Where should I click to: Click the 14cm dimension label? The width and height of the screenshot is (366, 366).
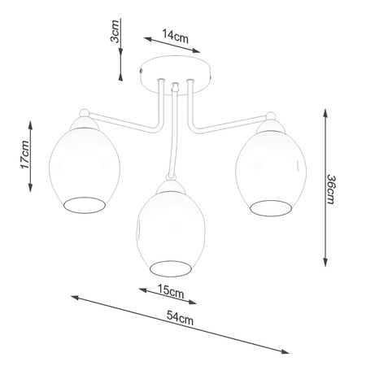pyautogui.click(x=176, y=36)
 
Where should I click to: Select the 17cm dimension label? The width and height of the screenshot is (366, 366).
pyautogui.click(x=24, y=154)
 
